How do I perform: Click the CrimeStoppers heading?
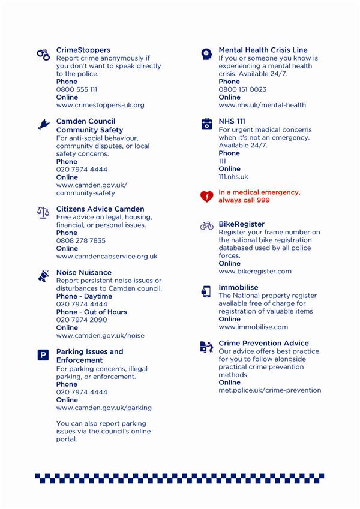point(83,50)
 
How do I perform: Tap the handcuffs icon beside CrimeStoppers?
point(43,54)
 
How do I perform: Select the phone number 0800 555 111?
point(76,89)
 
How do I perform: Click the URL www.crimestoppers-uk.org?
point(100,105)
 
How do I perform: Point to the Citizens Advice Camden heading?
point(100,209)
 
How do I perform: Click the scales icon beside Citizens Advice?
point(43,212)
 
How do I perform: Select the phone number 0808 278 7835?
point(80,240)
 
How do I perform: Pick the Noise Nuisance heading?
point(83,272)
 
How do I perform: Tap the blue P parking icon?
point(43,356)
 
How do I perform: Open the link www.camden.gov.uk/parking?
point(104,408)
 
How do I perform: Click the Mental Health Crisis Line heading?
point(263,50)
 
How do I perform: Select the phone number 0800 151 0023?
point(242,89)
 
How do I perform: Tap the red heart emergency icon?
point(206,196)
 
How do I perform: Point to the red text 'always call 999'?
point(244,200)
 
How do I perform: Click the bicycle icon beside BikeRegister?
point(206,226)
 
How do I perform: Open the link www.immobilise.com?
point(253,327)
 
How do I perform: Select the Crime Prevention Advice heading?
point(263,343)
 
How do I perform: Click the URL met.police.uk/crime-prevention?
point(269,390)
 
